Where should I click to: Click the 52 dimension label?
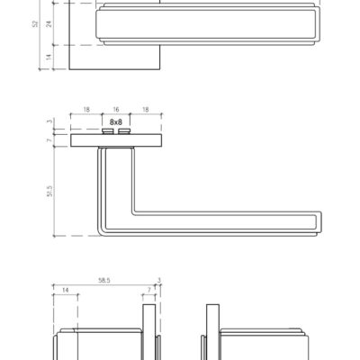(36, 24)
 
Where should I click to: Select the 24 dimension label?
(49, 24)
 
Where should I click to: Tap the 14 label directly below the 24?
(49, 56)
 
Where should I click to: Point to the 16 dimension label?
(116, 110)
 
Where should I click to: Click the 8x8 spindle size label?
(116, 122)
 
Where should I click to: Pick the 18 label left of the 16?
(86, 110)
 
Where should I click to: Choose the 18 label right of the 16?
(145, 110)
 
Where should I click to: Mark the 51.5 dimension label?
(49, 191)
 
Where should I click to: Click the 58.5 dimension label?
(104, 280)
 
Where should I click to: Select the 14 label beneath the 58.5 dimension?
(65, 290)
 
